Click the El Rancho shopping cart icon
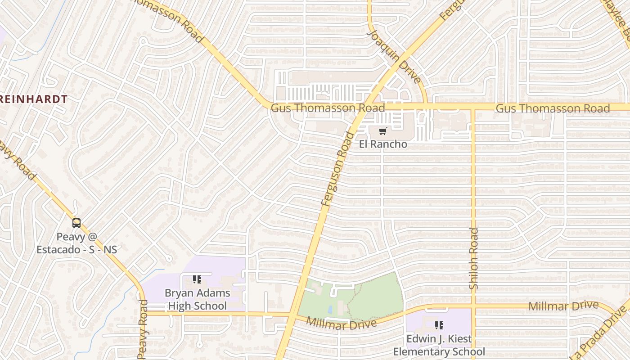382,131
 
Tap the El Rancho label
382,144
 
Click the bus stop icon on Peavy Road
76,223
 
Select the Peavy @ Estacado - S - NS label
76,243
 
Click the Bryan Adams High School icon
197,279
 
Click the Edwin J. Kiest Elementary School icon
439,325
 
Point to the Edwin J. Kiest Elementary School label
439,345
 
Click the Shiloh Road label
474,259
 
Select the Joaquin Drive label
394,56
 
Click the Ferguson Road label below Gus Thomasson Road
338,169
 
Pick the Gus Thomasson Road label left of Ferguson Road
328,108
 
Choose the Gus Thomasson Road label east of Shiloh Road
553,108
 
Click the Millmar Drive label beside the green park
341,323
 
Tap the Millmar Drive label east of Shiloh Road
563,306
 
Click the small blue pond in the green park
331,310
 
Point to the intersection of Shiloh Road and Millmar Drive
473,308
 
